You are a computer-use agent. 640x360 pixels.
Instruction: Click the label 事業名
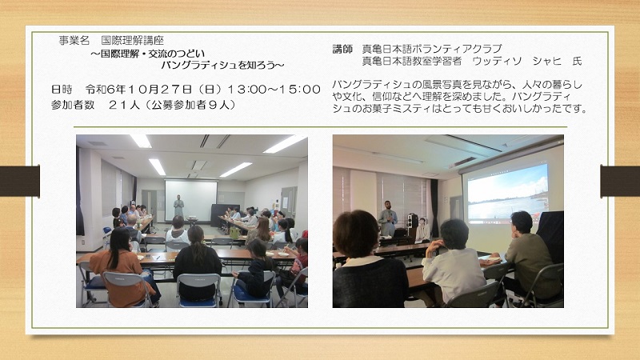point(74,40)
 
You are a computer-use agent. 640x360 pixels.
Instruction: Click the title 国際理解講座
point(133,40)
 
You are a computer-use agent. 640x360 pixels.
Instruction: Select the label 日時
point(62,89)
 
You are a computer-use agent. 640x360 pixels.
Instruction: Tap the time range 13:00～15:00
point(274,89)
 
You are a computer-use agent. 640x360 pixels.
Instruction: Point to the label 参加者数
point(73,105)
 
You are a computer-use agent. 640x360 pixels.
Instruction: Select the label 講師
point(342,49)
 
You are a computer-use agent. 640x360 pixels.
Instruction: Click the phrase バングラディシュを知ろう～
point(222,65)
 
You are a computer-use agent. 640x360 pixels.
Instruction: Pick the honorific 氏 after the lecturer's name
point(577,62)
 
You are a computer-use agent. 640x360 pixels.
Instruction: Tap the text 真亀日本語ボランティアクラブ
point(432,49)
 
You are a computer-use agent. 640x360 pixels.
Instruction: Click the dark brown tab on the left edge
point(19,181)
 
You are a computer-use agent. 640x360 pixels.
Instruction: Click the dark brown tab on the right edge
point(620,181)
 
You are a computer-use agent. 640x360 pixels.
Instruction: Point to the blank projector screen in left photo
point(190,200)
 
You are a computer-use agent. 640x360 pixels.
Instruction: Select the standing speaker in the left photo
point(178,206)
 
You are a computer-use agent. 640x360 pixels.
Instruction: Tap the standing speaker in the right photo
point(387,218)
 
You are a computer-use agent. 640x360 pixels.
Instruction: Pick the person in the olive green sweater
point(530,257)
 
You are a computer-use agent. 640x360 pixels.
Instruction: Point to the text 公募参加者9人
point(190,105)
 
